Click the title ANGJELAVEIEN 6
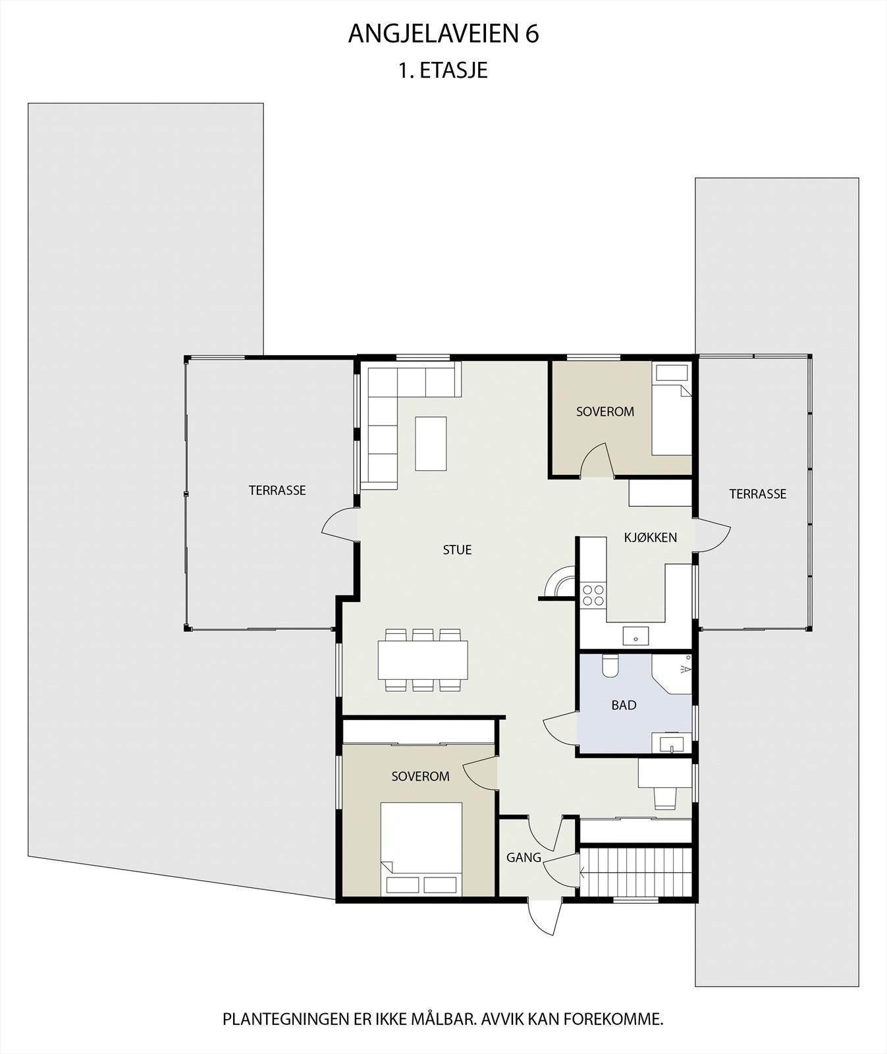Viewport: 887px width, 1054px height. click(443, 34)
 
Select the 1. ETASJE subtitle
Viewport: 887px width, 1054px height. click(443, 70)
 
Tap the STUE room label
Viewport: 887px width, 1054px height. click(457, 550)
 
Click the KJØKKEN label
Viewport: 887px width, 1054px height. click(651, 538)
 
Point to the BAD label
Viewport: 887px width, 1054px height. click(624, 706)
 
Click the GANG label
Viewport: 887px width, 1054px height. click(524, 858)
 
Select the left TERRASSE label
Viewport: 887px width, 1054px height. click(277, 491)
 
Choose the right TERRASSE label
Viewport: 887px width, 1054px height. click(757, 494)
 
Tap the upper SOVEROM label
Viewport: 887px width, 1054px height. click(605, 412)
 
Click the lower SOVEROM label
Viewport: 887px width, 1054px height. click(420, 777)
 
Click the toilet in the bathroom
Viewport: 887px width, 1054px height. click(610, 667)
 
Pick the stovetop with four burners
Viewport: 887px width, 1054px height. click(593, 595)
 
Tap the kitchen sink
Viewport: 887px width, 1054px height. click(636, 636)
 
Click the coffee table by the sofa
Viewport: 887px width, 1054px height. click(431, 443)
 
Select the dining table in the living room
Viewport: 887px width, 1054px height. click(423, 660)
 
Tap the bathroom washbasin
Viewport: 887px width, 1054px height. click(670, 744)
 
